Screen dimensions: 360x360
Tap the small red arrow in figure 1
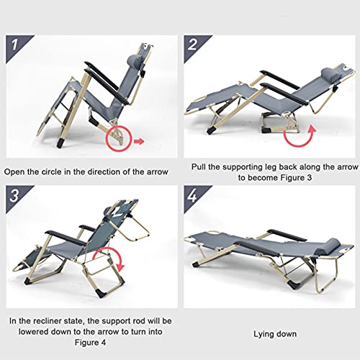point(139,141)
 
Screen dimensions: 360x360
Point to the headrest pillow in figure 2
point(331,73)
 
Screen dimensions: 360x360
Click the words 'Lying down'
point(275,334)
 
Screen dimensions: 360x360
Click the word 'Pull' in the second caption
point(199,167)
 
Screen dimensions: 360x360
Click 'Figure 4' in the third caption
point(90,343)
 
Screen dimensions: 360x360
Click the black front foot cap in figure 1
point(60,143)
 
